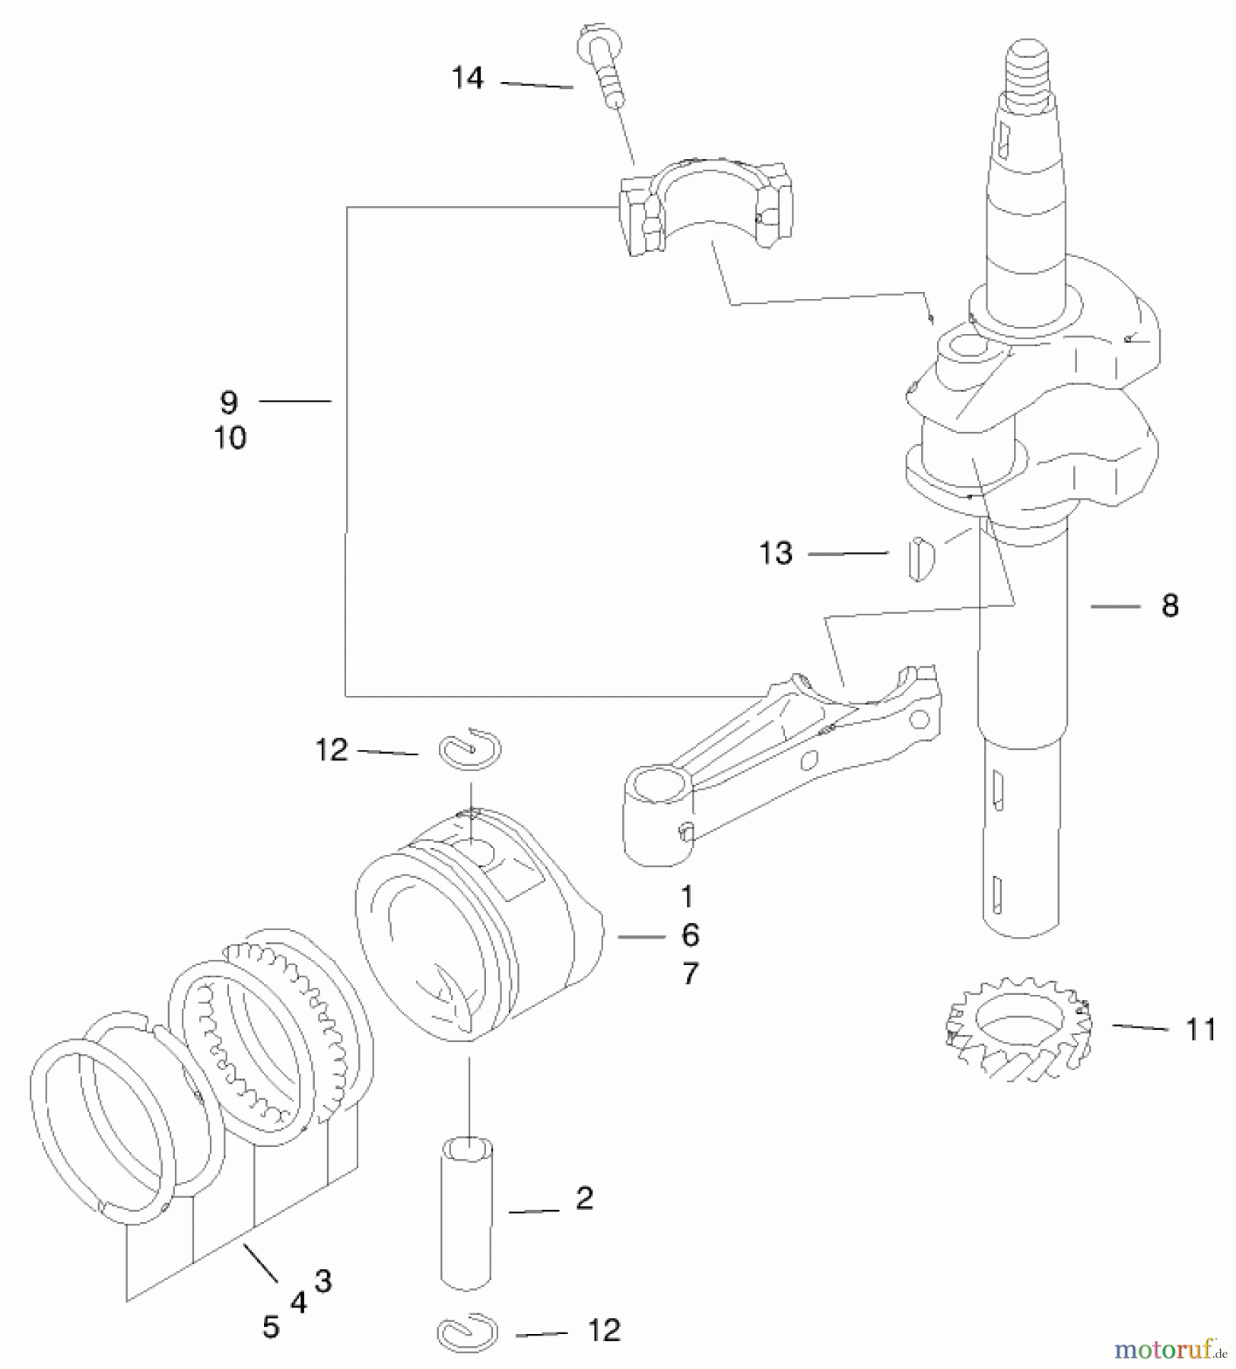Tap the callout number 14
click(x=467, y=78)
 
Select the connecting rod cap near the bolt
click(x=704, y=205)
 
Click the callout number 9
click(x=228, y=402)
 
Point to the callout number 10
click(x=230, y=438)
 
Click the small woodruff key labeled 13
click(x=920, y=558)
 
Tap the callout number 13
click(x=776, y=553)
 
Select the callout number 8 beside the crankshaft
click(x=1170, y=606)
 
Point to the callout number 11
click(x=1201, y=1030)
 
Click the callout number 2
click(x=584, y=1199)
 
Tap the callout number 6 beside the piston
click(x=689, y=935)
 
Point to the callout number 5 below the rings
click(x=271, y=1327)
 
